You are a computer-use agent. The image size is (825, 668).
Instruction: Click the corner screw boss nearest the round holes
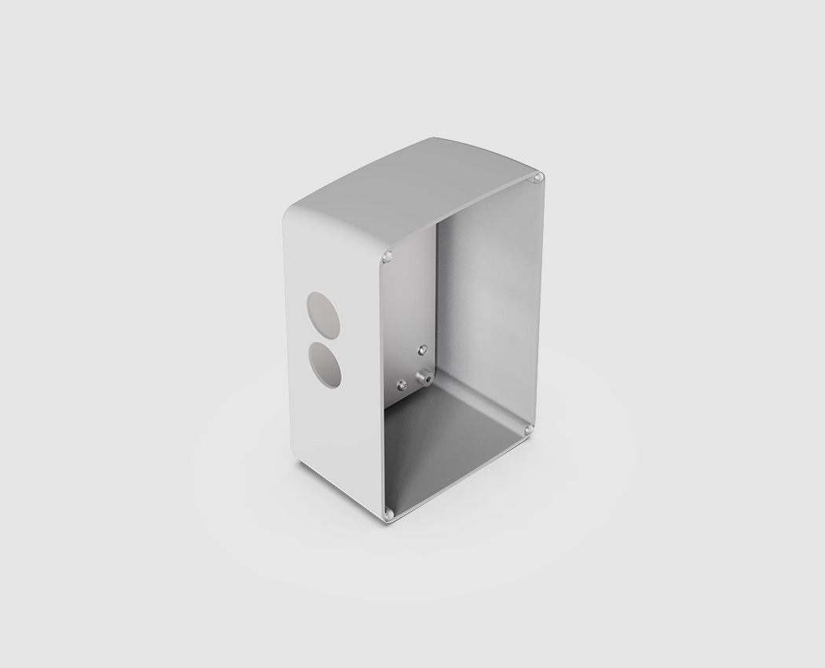pos(387,256)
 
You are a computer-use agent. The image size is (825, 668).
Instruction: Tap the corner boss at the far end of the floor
pos(528,430)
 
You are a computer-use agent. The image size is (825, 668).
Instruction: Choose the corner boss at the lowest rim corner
pos(388,514)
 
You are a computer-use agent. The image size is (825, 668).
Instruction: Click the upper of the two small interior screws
pos(423,348)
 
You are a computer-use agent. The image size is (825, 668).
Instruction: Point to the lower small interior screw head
pos(402,385)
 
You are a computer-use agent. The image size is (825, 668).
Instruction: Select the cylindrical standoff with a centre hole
pos(424,378)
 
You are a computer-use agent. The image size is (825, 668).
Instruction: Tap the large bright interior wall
pos(487,306)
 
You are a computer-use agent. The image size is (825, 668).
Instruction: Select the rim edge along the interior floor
pos(460,472)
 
